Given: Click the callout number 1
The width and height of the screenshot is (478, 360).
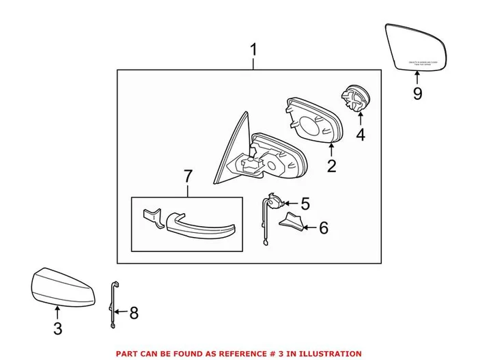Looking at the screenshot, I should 254,50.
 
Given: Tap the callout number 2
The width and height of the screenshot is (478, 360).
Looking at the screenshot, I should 331,165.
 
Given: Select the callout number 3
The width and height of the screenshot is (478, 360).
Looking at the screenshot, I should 58,329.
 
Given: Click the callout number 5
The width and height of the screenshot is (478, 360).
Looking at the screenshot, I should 305,203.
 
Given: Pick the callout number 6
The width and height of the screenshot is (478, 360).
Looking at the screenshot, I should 323,227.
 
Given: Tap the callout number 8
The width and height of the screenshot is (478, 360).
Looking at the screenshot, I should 134,313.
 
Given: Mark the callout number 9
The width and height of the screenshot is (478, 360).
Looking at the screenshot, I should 417,93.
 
